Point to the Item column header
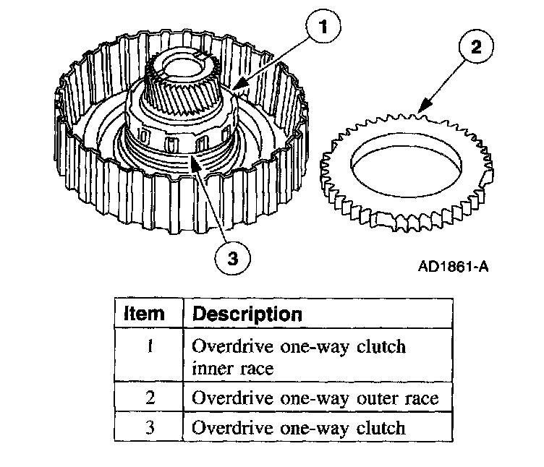click(145, 314)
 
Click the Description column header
click(247, 314)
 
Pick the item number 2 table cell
click(149, 397)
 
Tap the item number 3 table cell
click(149, 427)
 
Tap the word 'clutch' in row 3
click(380, 427)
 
